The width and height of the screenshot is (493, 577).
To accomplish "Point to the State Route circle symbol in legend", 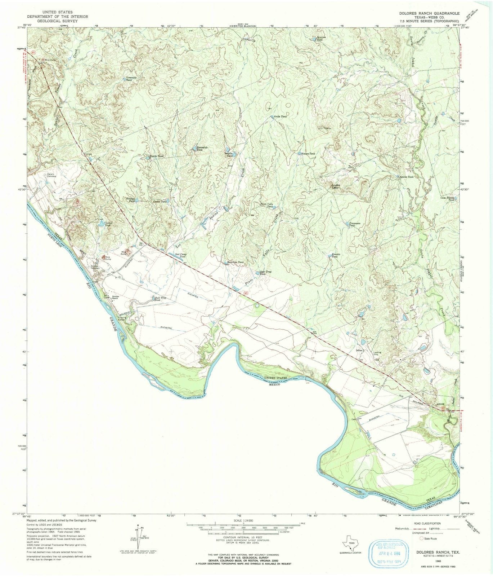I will [x=422, y=538].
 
